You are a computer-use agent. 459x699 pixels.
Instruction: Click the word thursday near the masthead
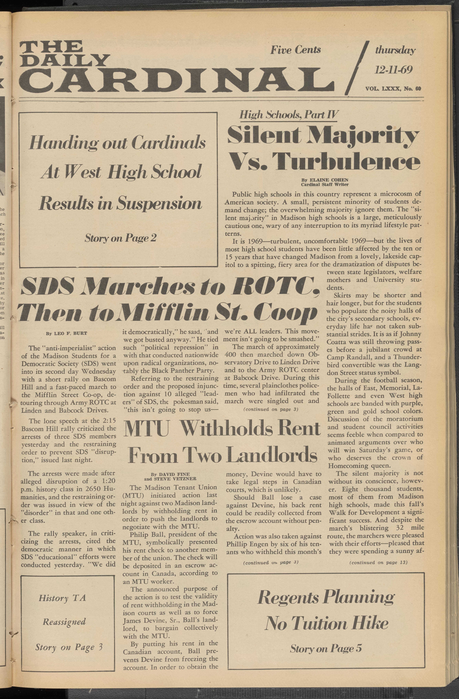tap(395, 50)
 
